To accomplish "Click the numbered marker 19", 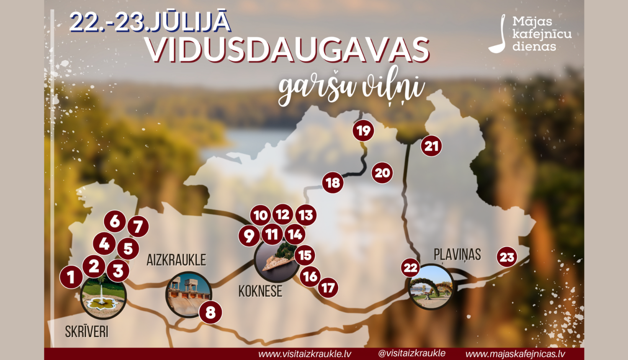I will point(363,131).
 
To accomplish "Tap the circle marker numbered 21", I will point(431,146).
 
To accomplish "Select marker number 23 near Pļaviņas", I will point(507,257).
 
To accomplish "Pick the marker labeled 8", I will point(210,312).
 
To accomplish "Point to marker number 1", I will point(71,277).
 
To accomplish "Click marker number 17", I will point(328,288).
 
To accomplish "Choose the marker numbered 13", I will point(306,215).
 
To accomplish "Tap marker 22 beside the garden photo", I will point(411,268).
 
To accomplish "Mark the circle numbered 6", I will point(115,221).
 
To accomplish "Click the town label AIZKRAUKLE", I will point(176,260).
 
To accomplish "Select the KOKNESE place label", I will point(260,291).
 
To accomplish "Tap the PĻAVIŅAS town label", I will point(457,255).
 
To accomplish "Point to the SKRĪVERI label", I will point(87,332).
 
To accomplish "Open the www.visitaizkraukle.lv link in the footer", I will point(305,354).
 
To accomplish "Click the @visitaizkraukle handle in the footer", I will point(412,353).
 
